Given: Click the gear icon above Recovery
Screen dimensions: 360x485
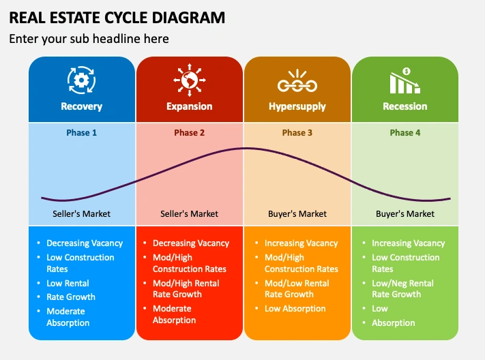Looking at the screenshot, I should (82, 80).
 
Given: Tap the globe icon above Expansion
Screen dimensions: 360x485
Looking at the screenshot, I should (190, 80).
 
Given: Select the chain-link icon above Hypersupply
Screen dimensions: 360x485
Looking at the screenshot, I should (297, 82).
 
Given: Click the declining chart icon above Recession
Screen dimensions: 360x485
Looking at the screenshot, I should (405, 80).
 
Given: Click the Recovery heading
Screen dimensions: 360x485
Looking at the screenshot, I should (82, 106).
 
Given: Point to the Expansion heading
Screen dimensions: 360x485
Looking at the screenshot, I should (190, 106).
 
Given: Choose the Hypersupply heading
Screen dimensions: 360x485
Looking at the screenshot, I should (297, 106).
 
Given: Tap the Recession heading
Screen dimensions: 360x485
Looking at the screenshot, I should (405, 106).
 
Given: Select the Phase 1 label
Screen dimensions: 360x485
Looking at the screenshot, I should (82, 132).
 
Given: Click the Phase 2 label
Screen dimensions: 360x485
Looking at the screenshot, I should (190, 132).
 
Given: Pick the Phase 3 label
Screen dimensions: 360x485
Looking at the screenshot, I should (297, 132).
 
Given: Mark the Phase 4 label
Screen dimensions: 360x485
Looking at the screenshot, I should (405, 132).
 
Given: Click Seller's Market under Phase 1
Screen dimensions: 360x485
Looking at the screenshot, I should (82, 213).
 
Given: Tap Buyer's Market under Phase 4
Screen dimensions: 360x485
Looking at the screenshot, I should (405, 213).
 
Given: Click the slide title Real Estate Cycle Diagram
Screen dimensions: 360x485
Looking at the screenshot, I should (117, 17).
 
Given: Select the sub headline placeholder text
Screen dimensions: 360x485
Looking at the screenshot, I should (89, 39).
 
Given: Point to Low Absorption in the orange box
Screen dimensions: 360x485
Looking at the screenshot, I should (295, 308).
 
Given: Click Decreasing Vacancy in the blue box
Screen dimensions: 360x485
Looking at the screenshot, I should (85, 243).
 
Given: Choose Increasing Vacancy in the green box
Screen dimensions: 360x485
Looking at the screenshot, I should (408, 243).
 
